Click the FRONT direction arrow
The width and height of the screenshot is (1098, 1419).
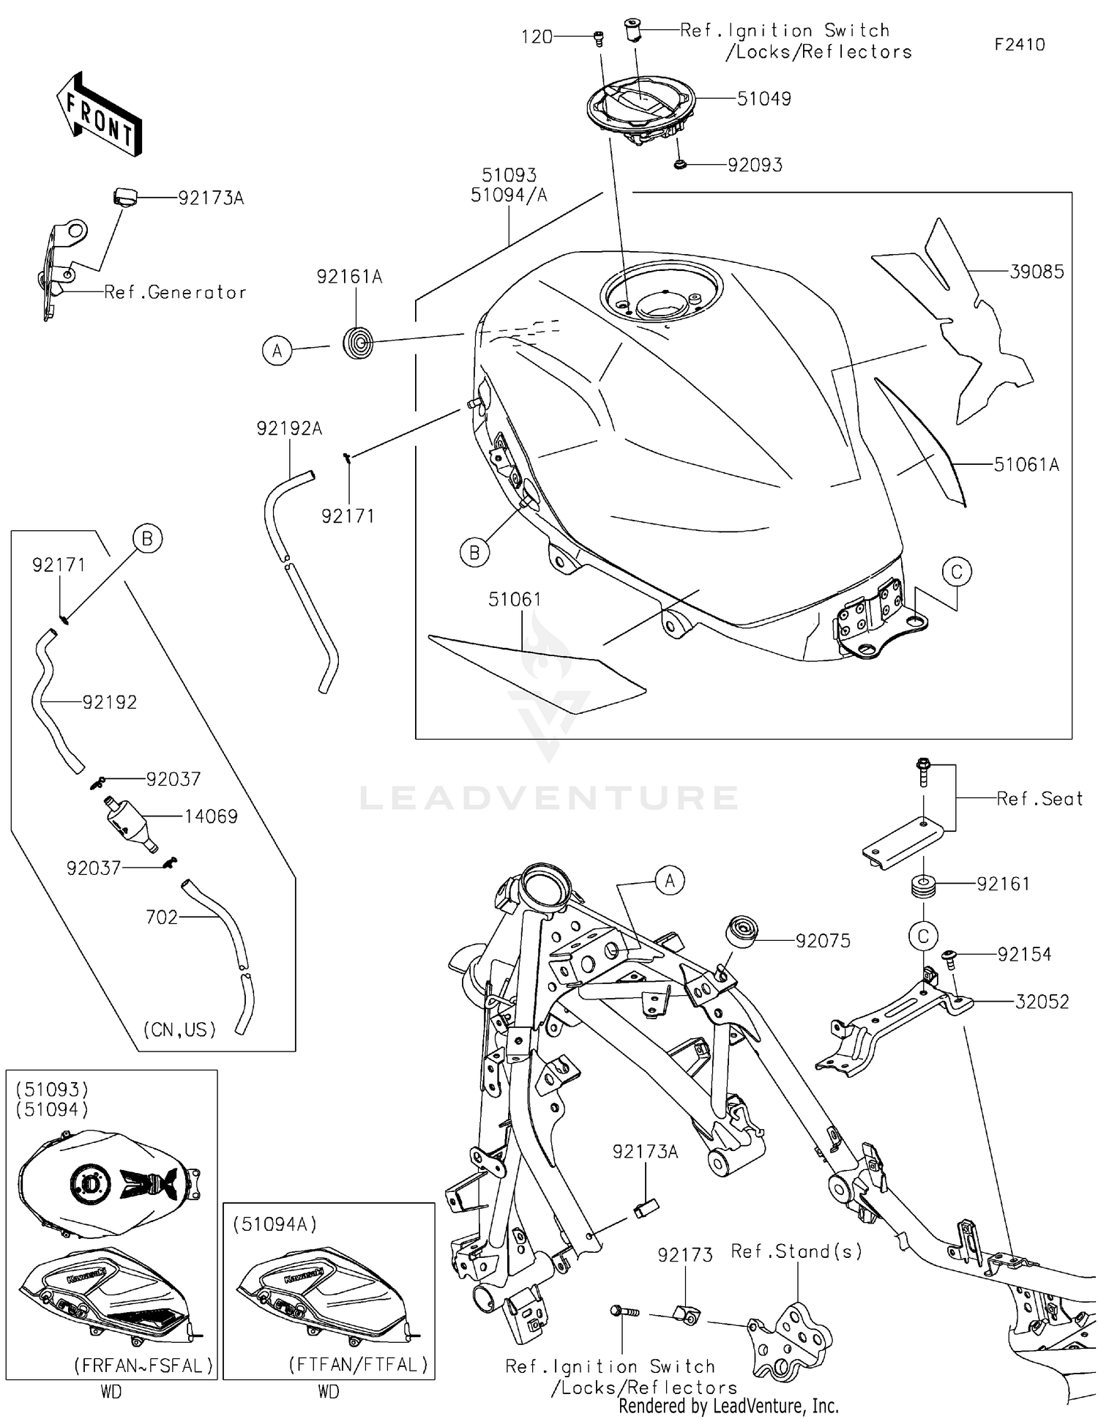[x=100, y=114]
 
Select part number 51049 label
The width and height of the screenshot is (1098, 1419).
[x=763, y=99]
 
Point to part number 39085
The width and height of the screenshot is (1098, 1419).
[x=1037, y=272]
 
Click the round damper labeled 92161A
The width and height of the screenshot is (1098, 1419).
[x=358, y=343]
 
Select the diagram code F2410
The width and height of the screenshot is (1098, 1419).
[x=1019, y=45]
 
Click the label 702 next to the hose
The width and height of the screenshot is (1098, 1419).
[x=162, y=917]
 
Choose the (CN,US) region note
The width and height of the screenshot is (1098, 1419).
[x=179, y=1029]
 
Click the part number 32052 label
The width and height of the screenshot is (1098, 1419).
[x=1042, y=1001]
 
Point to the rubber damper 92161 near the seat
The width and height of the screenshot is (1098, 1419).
[x=923, y=886]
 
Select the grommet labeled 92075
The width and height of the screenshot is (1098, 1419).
[x=742, y=932]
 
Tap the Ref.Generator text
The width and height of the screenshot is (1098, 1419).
[x=175, y=292]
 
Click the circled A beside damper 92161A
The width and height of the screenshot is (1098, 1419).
[x=277, y=351]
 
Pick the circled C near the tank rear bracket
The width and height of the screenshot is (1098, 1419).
[x=957, y=571]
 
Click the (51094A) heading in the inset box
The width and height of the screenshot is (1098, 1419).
[x=274, y=1224]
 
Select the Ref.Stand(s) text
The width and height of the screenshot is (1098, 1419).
[x=796, y=1251]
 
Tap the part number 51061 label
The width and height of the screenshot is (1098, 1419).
[x=515, y=600]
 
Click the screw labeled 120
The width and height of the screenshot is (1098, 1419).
[x=598, y=37]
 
